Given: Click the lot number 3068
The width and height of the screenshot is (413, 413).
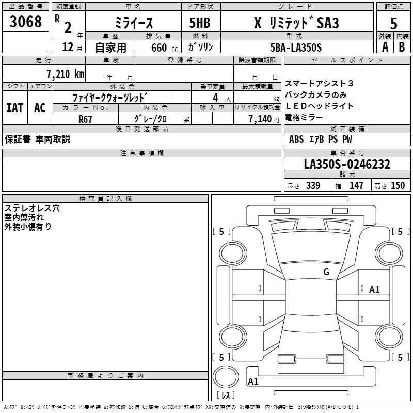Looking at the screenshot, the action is click(x=26, y=22).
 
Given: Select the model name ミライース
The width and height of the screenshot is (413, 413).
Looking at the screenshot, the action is click(x=133, y=23).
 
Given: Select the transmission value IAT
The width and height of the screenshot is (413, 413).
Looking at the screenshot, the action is click(x=14, y=107).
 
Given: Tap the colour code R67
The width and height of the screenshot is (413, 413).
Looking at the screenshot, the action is click(x=85, y=119).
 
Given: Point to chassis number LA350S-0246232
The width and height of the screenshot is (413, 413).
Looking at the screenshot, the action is click(x=347, y=165).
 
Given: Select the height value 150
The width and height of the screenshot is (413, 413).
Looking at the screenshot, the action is click(x=398, y=186).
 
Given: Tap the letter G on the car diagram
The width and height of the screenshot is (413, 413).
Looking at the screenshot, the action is click(x=326, y=272).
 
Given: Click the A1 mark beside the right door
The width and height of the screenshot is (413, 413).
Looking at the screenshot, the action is click(x=374, y=290).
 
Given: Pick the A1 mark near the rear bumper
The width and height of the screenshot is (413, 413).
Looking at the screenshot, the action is click(x=253, y=382).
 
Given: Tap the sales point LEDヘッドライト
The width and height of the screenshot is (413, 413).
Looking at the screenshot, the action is click(x=312, y=106).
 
